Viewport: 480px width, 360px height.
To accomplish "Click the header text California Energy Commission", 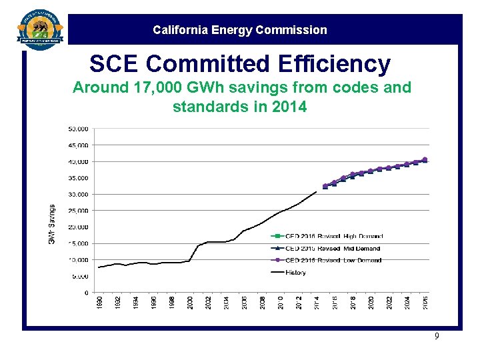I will pos(240,30).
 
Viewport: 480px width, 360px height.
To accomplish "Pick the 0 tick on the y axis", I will pos(86,293).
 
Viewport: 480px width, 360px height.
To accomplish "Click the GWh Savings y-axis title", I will pos(52,223).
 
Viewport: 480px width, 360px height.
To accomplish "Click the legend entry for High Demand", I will pos(327,236).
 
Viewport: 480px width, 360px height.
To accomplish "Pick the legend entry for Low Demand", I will pos(326,260).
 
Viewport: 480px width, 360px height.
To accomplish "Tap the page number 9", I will pos(437,337).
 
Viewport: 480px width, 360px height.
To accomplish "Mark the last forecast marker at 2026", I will pos(425,160).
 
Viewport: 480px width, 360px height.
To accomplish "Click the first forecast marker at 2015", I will pos(325,186).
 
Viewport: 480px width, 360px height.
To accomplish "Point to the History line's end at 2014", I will pos(316,192).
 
